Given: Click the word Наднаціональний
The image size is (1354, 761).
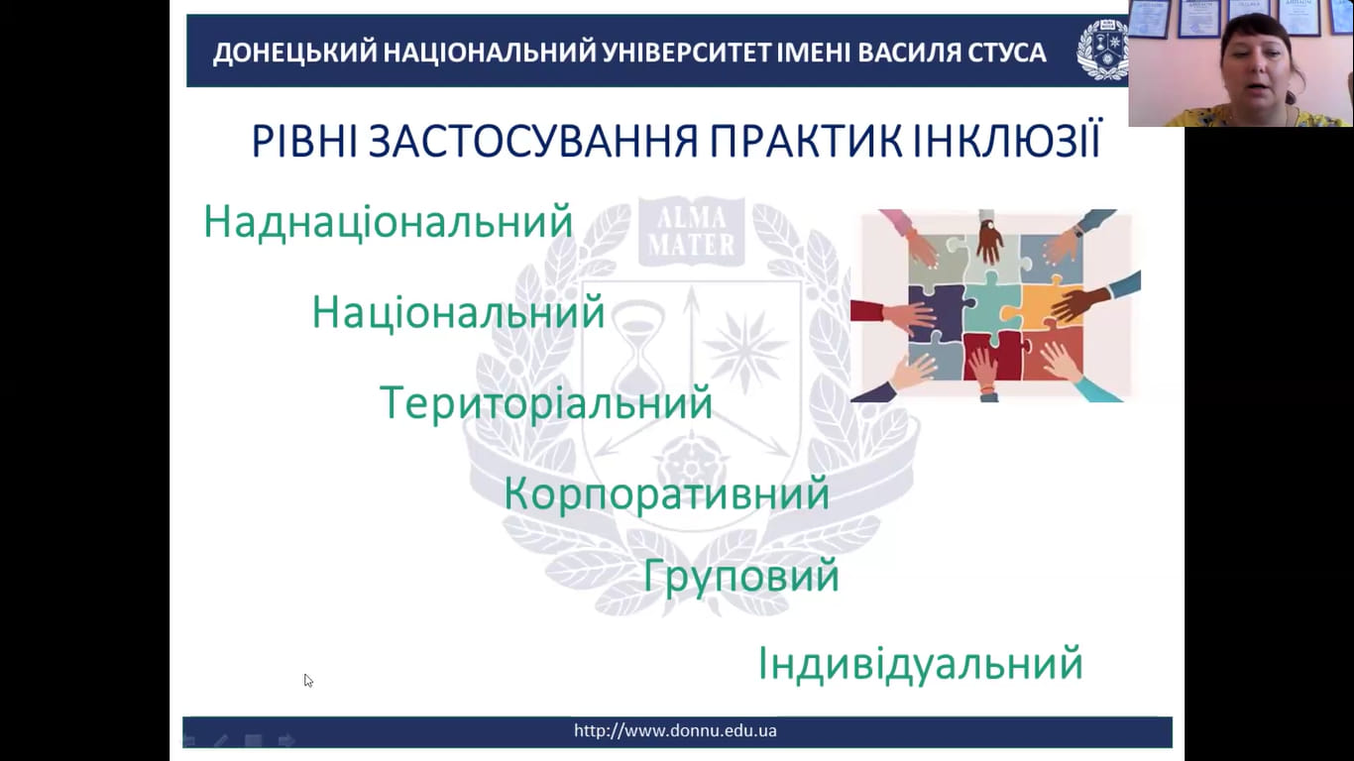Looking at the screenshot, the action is (389, 222).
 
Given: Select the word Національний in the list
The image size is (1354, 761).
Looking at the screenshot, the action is (458, 312).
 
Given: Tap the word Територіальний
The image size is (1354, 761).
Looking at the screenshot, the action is (546, 403).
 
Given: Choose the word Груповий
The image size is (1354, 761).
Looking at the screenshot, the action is (740, 576).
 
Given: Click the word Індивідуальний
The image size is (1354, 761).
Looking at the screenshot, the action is (920, 664).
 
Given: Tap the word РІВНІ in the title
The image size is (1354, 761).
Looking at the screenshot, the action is (304, 141).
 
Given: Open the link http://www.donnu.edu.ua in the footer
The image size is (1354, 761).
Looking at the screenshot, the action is (675, 730).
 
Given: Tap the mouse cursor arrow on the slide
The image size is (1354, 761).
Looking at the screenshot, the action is (308, 681).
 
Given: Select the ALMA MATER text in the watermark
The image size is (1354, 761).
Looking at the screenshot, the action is (692, 230).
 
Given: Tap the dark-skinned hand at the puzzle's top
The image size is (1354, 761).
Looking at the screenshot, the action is (989, 240).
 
